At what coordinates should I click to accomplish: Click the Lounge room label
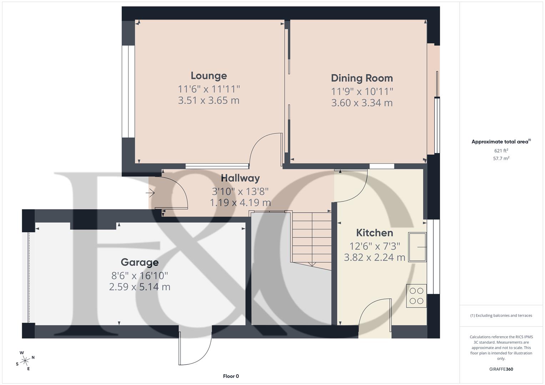[x=209, y=76]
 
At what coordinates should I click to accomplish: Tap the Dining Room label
[x=362, y=78]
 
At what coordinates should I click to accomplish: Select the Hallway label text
[x=240, y=178]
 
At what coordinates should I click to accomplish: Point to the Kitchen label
[x=374, y=233]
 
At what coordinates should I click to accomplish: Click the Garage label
[x=140, y=262]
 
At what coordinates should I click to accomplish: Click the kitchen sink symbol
[x=417, y=247]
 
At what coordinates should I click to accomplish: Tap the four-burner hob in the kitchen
[x=417, y=296]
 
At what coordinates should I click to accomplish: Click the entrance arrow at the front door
[x=150, y=194]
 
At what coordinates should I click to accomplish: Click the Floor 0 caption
[x=231, y=376]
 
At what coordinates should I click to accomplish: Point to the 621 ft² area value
[x=501, y=151]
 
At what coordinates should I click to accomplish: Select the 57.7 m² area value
[x=501, y=158]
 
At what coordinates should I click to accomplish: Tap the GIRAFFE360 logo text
[x=501, y=369]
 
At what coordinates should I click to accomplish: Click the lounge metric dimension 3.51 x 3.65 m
[x=208, y=101]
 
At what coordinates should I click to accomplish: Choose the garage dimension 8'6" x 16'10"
[x=140, y=276]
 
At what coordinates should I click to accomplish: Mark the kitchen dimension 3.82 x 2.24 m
[x=374, y=257]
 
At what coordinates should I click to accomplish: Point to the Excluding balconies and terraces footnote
[x=501, y=315]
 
